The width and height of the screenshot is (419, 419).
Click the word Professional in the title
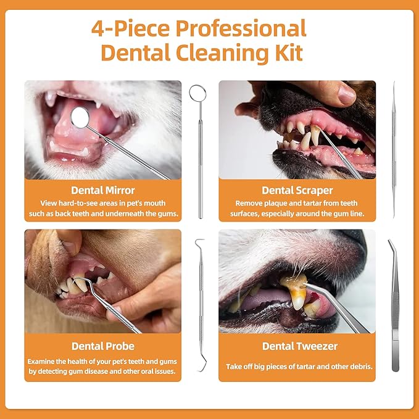click(241, 28)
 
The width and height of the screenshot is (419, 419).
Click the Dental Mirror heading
click(103, 190)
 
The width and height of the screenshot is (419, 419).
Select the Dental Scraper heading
click(297, 190)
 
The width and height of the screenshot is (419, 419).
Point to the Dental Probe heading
click(103, 346)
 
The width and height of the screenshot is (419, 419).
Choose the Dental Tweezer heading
click(300, 346)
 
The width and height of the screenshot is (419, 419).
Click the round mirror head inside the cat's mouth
click(80, 117)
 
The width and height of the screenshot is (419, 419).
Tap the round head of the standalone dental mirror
click(197, 93)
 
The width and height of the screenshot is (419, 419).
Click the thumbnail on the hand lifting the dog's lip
click(347, 95)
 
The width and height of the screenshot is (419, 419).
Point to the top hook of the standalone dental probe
click(199, 241)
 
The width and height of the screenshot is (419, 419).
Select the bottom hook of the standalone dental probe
click(203, 365)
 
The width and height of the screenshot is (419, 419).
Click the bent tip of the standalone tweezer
click(391, 244)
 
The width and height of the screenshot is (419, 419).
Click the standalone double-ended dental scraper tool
click(394, 149)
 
